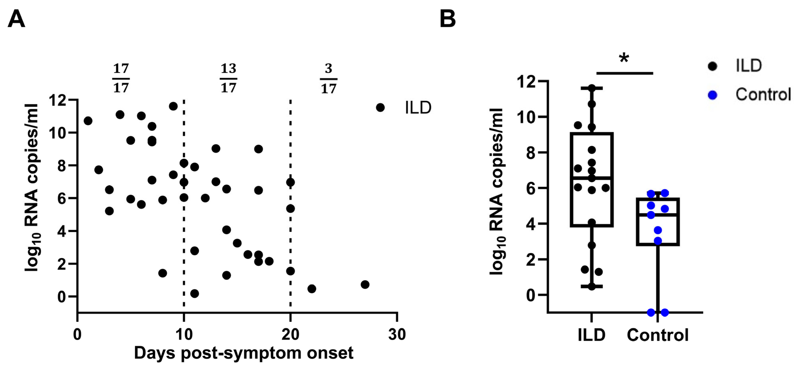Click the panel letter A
pyautogui.click(x=16, y=19)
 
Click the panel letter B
pyautogui.click(x=447, y=19)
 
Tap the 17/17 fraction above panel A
pyautogui.click(x=121, y=78)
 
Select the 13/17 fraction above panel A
pyautogui.click(x=228, y=78)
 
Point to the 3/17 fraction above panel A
pyautogui.click(x=328, y=78)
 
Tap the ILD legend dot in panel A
pyautogui.click(x=380, y=107)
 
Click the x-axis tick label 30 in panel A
pyautogui.click(x=397, y=335)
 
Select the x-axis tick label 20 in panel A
pyautogui.click(x=290, y=335)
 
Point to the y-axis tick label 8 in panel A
pyautogui.click(x=62, y=166)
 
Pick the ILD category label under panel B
pyautogui.click(x=591, y=335)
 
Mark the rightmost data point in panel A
pyautogui.click(x=365, y=284)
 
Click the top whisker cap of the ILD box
pyautogui.click(x=591, y=89)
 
